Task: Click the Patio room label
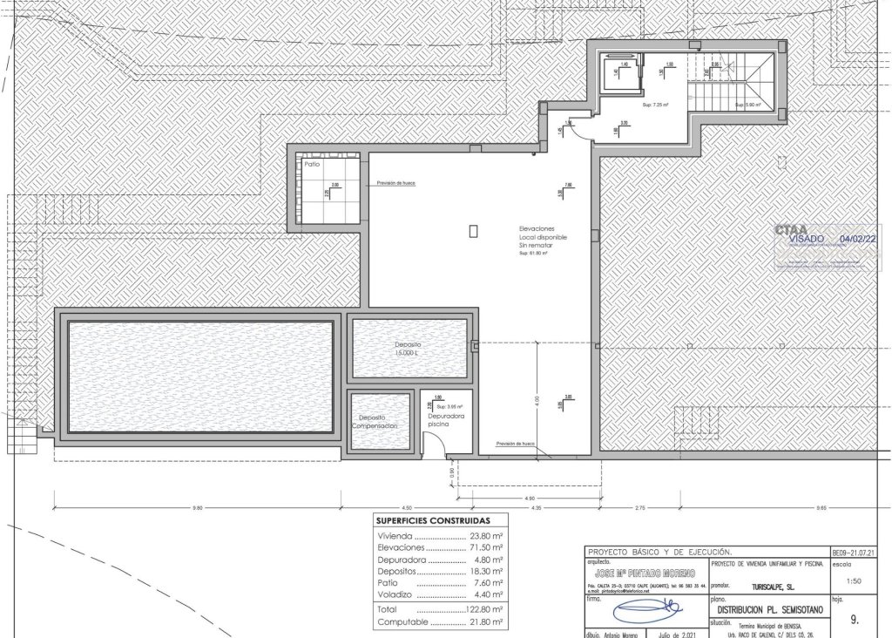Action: pos(312,163)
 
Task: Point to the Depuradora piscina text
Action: pos(445,421)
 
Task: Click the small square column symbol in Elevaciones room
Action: pos(473,231)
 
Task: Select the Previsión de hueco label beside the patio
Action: pos(396,184)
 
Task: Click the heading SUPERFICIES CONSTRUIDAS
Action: pos(433,520)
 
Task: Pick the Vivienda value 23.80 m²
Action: pos(486,537)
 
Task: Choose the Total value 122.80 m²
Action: pos(484,610)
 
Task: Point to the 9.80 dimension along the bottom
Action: pos(197,507)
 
